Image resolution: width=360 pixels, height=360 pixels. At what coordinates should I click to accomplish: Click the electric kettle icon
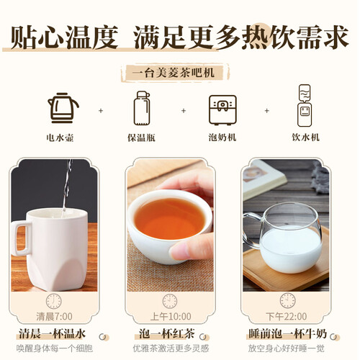[x=63, y=108]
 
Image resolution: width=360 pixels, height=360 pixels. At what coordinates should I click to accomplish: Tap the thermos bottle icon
[x=142, y=108]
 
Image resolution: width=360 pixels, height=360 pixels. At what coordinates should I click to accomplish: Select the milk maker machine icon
[x=222, y=110]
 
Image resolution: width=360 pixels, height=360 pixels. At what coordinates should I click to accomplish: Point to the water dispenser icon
[x=305, y=106]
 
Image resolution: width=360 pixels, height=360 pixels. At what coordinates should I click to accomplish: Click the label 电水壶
[x=60, y=138]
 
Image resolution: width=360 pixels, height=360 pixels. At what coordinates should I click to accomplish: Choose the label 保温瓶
[x=141, y=138]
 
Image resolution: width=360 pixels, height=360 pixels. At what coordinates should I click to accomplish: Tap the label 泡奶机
[x=222, y=138]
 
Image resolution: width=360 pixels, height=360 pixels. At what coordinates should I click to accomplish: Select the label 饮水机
[x=305, y=138]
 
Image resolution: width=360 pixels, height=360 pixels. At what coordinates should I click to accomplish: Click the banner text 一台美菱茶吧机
[x=174, y=73]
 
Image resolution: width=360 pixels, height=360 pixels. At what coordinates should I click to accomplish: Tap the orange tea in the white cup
[x=170, y=218]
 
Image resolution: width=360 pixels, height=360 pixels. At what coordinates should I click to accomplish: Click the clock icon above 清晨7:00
[x=54, y=301]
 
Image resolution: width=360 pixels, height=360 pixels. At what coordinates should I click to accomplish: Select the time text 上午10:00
[x=171, y=317]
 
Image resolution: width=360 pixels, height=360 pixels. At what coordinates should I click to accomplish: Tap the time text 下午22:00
[x=287, y=317]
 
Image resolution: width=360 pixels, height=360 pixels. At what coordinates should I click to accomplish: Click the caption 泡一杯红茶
[x=167, y=334]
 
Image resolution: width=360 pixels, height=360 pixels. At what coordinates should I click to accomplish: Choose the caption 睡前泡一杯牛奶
[x=287, y=334]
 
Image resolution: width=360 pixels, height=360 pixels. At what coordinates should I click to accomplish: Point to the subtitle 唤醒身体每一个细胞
[x=55, y=348]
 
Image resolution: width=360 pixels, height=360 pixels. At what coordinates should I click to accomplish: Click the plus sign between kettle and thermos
[x=101, y=111]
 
